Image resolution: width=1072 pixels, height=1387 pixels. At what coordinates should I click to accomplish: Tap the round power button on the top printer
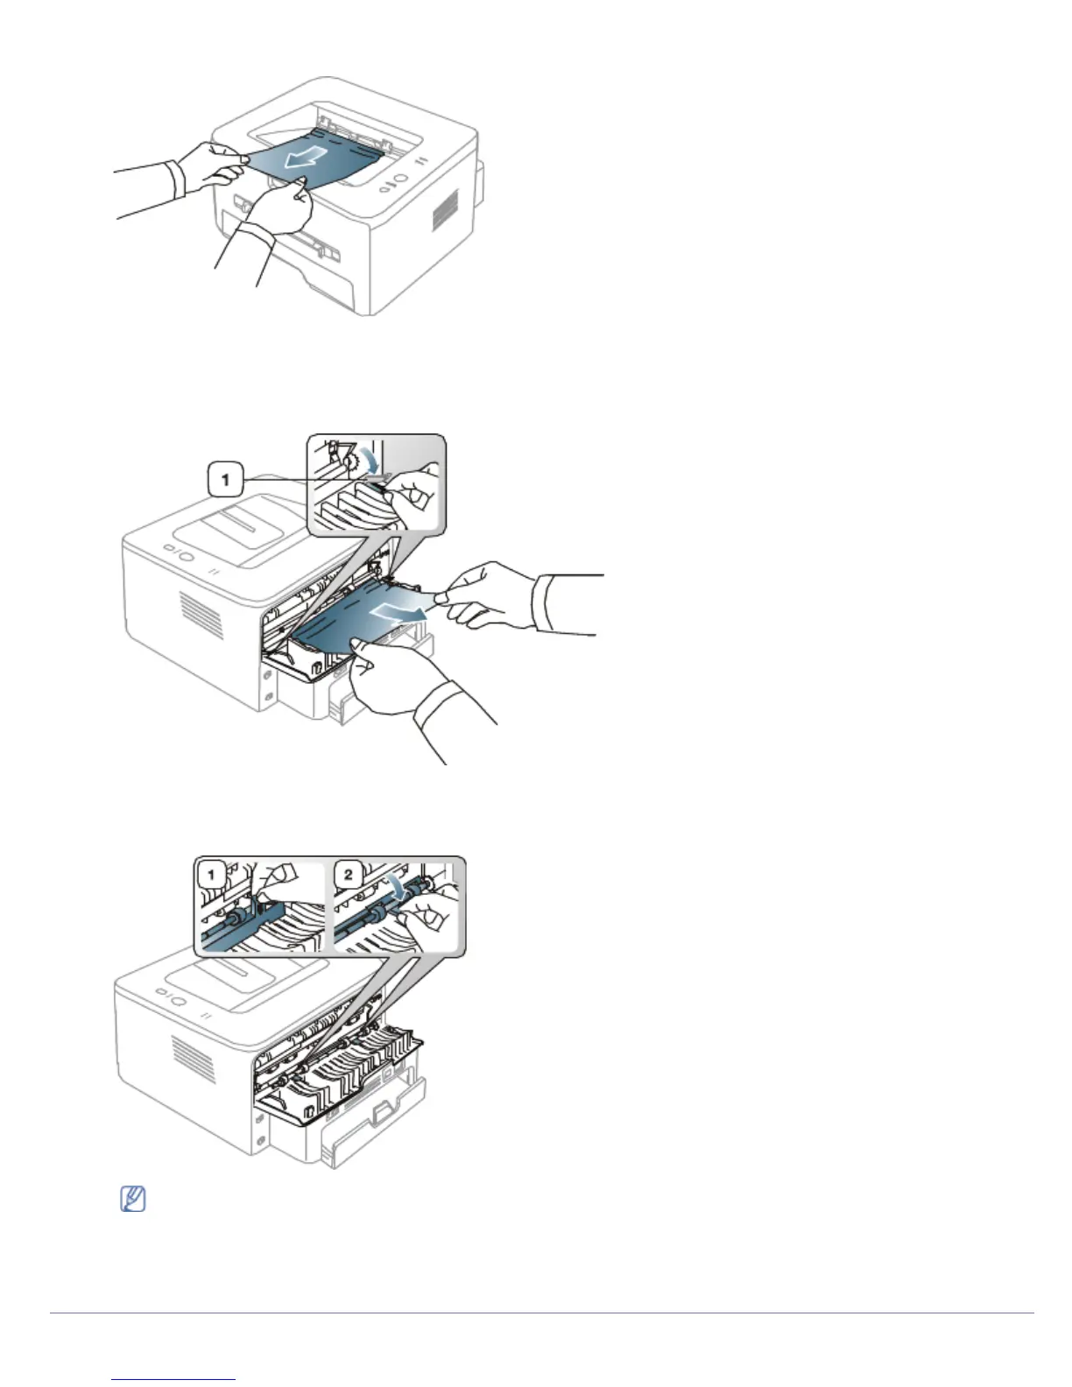pos(399,179)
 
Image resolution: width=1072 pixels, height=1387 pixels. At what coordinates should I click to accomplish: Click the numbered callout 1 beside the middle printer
pos(226,479)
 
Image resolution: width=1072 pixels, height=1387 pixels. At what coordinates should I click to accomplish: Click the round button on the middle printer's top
pos(185,553)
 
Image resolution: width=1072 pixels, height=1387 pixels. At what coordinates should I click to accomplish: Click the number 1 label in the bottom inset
pos(211,874)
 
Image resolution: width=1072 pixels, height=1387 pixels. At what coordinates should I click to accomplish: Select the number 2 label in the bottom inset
pos(348,874)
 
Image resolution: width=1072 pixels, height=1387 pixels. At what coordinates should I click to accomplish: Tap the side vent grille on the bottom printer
pos(194,1054)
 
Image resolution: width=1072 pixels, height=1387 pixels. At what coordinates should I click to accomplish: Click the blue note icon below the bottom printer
pos(132,1200)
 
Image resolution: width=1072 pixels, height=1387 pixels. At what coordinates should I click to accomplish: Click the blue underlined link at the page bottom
pos(174,1380)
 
